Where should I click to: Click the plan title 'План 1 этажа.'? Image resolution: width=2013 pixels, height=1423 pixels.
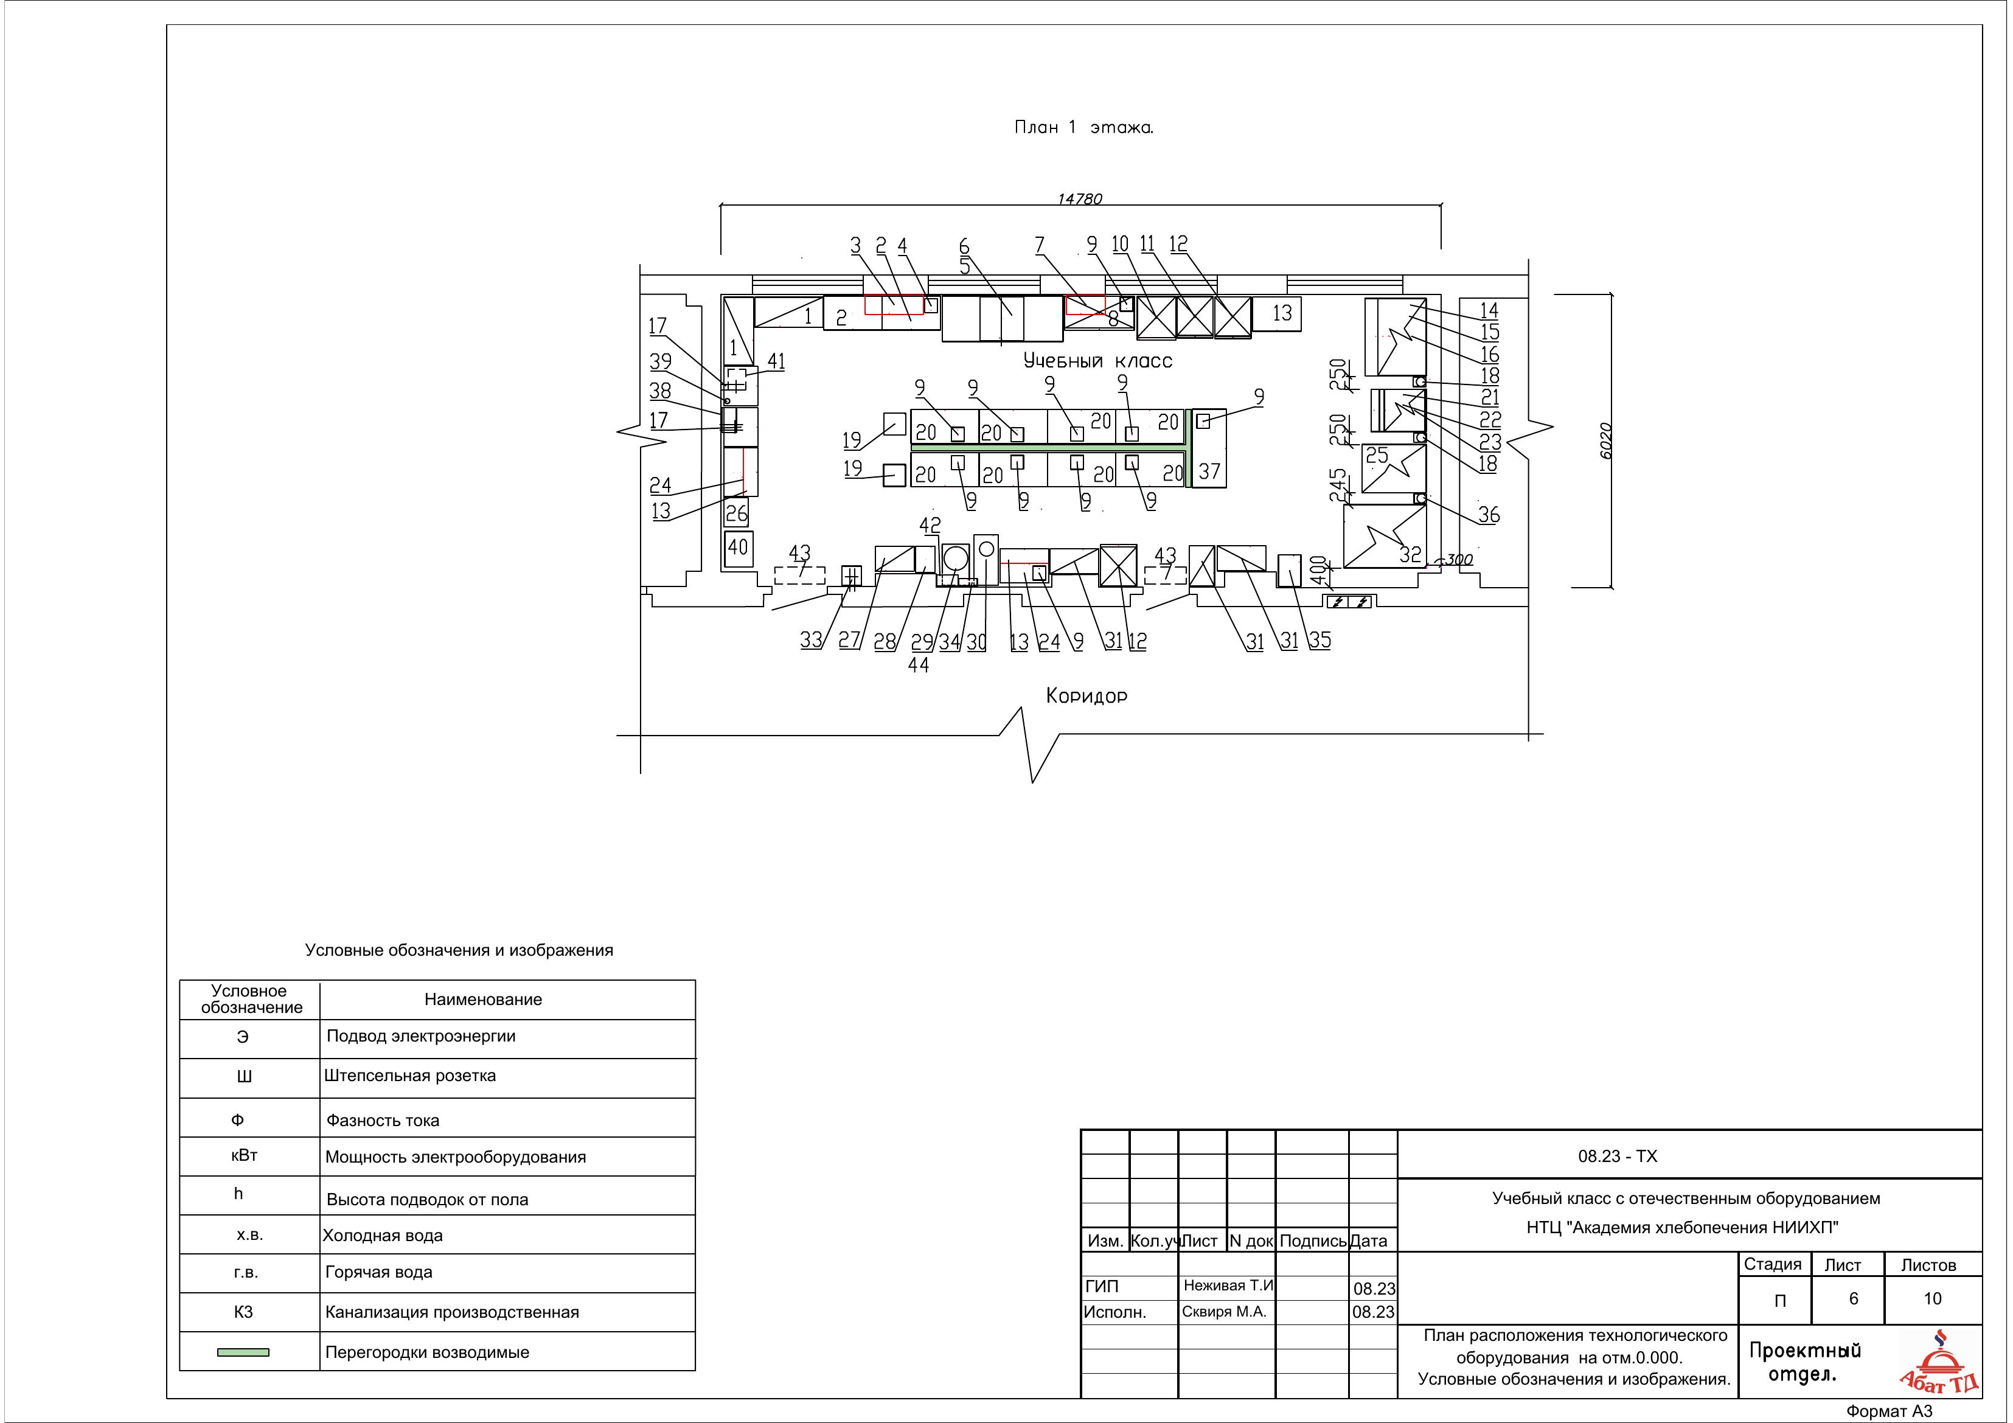[x=1083, y=127]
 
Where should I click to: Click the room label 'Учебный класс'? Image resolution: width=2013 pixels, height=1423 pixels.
[x=1097, y=360]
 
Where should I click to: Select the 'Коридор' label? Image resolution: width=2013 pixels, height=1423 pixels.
[x=1086, y=695]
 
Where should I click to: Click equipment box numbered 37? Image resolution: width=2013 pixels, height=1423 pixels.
[x=1209, y=448]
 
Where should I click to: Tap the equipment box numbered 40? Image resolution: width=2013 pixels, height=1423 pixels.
[x=738, y=548]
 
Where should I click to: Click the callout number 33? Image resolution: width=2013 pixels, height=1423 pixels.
[x=811, y=640]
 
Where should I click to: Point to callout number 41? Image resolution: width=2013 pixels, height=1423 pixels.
[x=776, y=361]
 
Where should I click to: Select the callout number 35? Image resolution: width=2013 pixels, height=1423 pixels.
[x=1319, y=640]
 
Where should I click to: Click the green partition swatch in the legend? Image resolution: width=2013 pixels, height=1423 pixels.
[x=243, y=1352]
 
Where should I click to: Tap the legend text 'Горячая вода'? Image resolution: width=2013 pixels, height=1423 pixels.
[x=379, y=1272]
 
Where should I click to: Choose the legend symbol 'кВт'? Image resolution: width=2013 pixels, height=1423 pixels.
[x=244, y=1155]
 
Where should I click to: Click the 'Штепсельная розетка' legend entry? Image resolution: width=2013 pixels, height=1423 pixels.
[x=410, y=1076]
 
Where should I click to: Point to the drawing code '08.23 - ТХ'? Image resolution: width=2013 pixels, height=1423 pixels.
[x=1618, y=1157]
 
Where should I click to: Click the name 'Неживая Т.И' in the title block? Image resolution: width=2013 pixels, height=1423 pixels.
[x=1228, y=1286]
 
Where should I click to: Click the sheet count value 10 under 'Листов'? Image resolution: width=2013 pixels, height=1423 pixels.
[x=1932, y=1298]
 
